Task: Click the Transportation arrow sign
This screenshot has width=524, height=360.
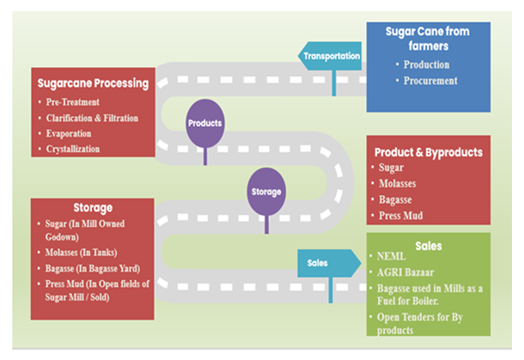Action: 331,57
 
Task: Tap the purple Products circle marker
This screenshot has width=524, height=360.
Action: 204,123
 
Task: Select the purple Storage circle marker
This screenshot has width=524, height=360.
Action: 266,191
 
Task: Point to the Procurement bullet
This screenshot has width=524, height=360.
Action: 430,81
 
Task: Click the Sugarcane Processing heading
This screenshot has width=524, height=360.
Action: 93,84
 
